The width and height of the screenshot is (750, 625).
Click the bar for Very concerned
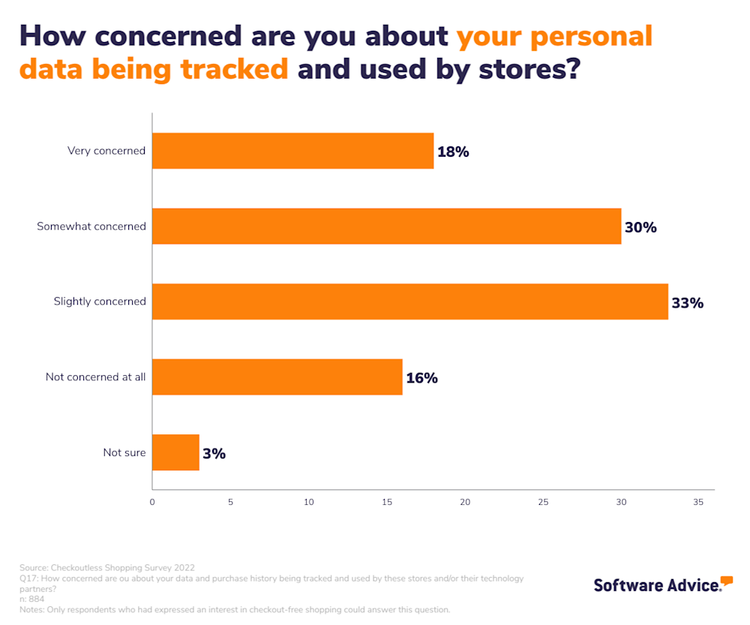292,151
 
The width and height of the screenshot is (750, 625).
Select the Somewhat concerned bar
386,227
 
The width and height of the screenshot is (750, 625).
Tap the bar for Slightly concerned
409,302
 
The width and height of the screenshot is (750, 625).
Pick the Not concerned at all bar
277,377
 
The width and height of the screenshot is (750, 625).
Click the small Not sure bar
175,452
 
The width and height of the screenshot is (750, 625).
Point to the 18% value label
453,152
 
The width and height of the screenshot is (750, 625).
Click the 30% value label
640,227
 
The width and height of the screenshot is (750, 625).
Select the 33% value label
687,303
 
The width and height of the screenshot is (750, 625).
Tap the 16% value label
421,378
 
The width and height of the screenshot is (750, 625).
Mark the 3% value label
214,453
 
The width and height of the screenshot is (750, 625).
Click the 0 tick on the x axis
152,503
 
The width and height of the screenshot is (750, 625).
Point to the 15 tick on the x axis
386,503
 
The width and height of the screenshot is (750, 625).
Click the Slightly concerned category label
100,302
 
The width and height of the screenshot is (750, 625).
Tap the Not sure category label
124,452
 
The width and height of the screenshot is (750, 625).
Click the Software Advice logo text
655,585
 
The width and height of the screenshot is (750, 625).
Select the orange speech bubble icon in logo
726,580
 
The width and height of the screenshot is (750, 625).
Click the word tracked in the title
233,69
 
